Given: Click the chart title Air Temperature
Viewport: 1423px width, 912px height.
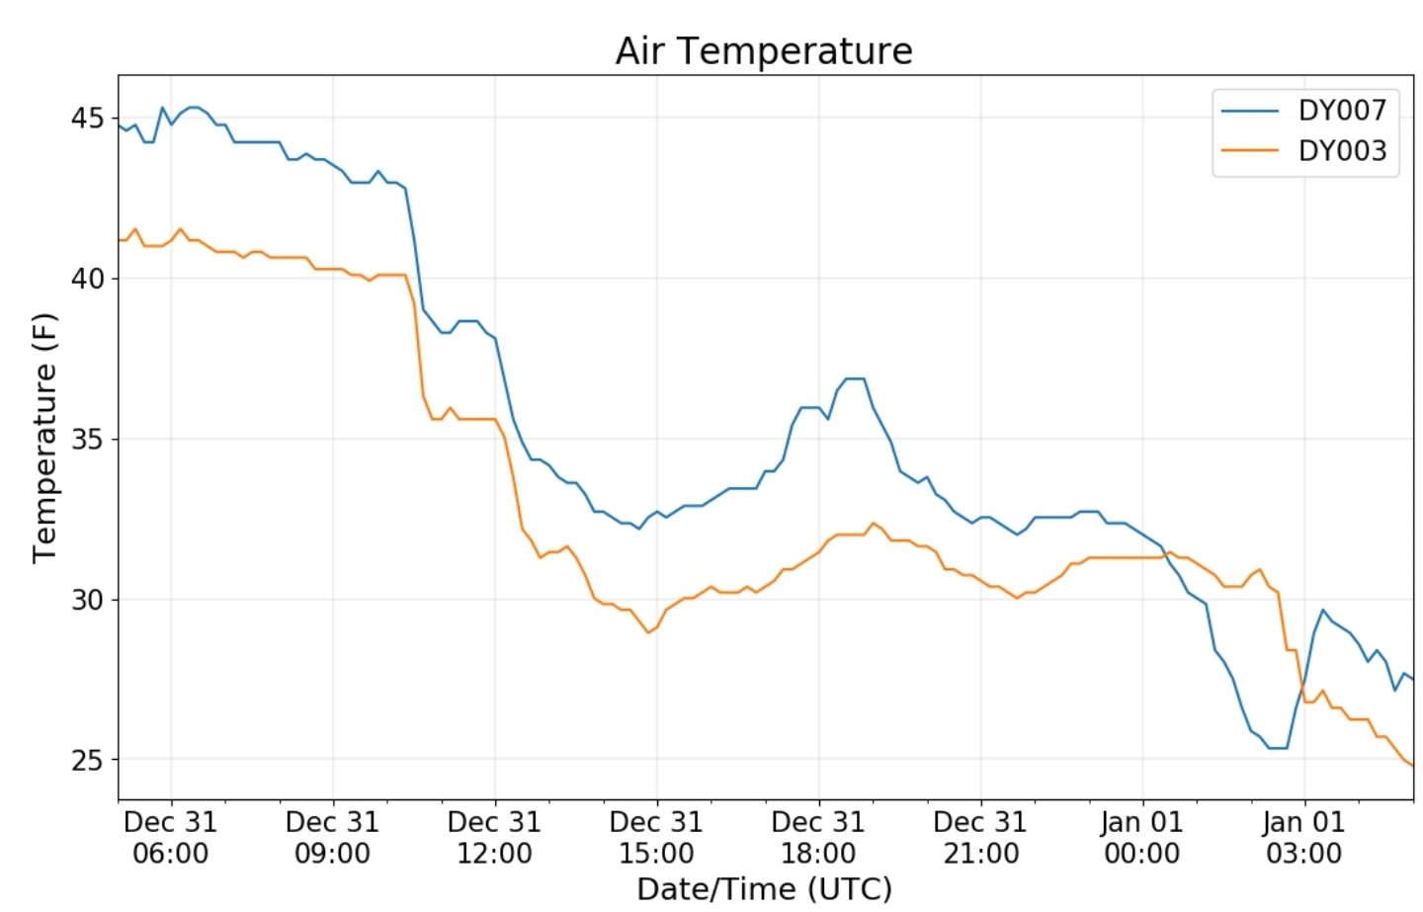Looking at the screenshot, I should (763, 50).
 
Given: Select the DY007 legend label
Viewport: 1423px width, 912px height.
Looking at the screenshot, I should (1342, 110).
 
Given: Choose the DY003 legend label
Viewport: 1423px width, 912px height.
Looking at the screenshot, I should (1342, 150).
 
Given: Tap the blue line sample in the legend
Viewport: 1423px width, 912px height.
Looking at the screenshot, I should (1250, 111).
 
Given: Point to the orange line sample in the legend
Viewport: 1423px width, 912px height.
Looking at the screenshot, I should (1250, 150).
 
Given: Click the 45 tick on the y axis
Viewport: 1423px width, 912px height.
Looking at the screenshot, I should (87, 119).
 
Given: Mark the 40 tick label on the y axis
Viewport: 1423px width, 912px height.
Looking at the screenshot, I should (87, 279).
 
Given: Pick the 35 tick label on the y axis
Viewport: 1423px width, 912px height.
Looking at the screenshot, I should (87, 440).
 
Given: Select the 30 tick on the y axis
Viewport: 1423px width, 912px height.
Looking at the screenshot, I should (87, 600).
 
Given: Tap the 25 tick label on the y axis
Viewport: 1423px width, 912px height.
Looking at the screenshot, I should (87, 760).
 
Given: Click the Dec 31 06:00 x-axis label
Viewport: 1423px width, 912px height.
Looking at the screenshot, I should (171, 837).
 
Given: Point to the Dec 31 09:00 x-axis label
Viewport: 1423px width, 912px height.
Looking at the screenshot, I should (333, 837).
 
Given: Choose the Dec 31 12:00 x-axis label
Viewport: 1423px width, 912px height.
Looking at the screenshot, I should (494, 837).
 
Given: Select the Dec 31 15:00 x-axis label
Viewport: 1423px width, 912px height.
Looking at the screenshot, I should (656, 837).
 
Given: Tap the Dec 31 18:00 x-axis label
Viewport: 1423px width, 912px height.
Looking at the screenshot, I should (818, 837).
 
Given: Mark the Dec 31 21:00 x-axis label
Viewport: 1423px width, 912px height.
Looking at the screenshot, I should (980, 837).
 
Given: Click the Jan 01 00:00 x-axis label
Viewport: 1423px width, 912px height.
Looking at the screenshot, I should (1142, 837).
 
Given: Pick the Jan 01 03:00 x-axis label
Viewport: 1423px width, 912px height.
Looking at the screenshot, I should (1304, 837).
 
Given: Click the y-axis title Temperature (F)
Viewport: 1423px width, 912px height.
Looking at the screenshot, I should (45, 438).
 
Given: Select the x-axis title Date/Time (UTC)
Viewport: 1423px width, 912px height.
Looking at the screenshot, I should (764, 889).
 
